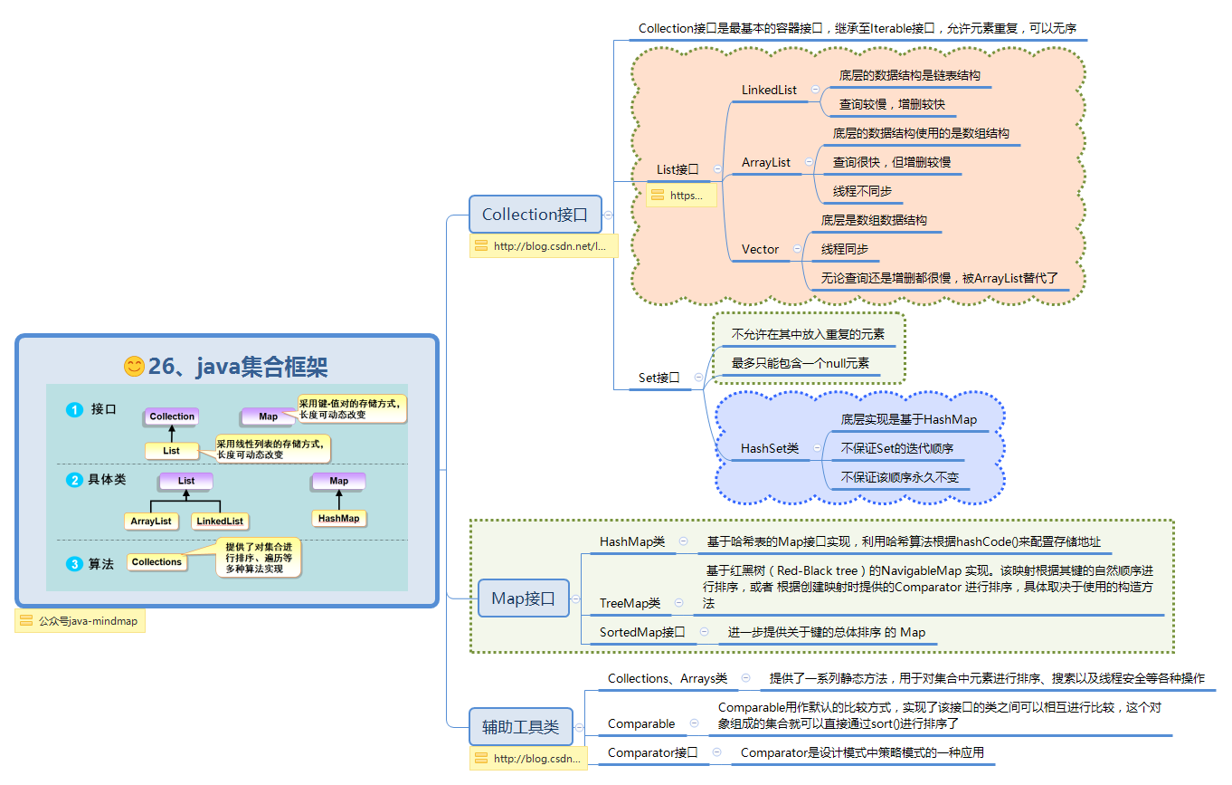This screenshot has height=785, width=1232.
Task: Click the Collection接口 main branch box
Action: point(535,215)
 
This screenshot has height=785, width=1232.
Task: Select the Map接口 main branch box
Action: point(523,598)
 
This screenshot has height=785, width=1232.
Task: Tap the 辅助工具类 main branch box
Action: point(520,726)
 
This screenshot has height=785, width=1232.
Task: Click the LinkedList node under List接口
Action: point(769,90)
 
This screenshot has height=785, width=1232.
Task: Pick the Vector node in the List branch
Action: point(760,249)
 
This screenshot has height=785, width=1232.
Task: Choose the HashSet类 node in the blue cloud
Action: point(769,448)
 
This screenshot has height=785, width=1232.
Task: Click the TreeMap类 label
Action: point(630,603)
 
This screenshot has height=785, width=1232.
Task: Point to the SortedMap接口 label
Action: point(642,632)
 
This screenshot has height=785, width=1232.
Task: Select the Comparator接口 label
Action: point(652,752)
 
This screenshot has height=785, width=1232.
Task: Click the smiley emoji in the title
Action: point(134,367)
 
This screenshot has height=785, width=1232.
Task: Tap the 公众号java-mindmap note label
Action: point(81,622)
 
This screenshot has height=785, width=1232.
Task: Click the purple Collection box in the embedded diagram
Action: point(172,416)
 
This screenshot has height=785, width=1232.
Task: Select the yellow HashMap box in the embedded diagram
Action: point(338,519)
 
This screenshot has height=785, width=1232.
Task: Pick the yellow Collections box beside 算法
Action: point(156,562)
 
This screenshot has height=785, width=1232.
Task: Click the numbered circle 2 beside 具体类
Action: point(74,480)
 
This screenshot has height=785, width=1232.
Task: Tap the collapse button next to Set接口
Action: point(698,378)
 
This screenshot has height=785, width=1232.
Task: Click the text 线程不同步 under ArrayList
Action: point(862,191)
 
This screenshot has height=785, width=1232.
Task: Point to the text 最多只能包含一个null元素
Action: point(801,363)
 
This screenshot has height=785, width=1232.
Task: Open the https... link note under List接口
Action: point(681,196)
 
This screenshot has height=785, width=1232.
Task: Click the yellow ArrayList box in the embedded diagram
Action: point(151,522)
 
